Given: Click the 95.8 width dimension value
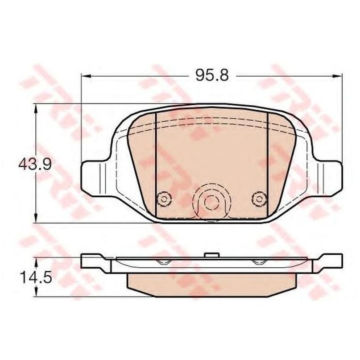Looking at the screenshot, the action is [x=212, y=75].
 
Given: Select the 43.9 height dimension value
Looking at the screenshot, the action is [x=35, y=164].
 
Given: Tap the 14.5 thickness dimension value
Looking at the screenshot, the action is [x=36, y=277].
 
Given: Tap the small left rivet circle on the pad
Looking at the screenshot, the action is [x=164, y=199].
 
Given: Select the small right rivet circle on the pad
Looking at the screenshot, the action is [x=260, y=199].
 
